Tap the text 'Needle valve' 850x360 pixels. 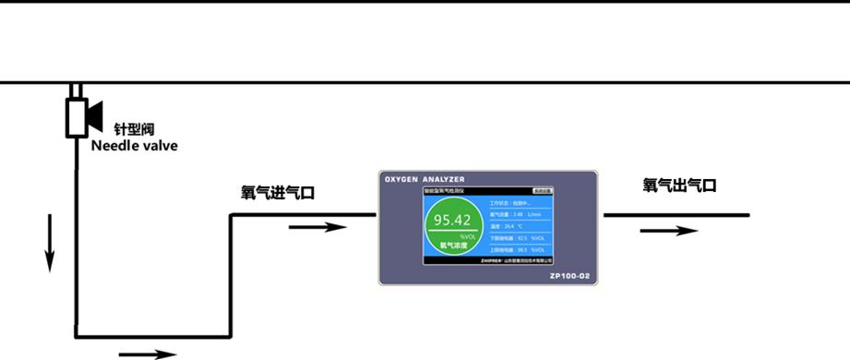(x=134, y=146)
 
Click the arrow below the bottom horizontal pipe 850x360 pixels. (x=147, y=353)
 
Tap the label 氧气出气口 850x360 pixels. (x=679, y=186)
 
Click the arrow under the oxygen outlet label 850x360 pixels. (x=668, y=230)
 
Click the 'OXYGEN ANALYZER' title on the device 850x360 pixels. (x=425, y=178)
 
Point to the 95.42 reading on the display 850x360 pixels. (x=452, y=220)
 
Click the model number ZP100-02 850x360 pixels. (x=569, y=275)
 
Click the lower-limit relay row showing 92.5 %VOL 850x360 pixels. (x=522, y=237)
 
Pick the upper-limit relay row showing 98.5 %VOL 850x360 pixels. (x=522, y=249)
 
